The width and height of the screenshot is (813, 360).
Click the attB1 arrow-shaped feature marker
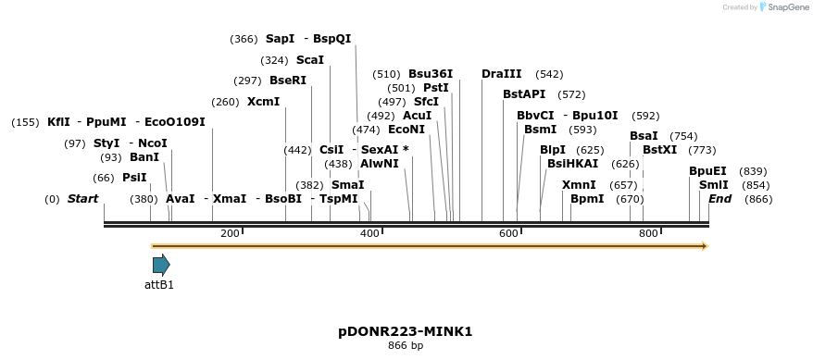point(160,266)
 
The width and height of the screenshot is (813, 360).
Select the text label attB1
point(159,285)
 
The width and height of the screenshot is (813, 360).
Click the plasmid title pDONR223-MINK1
point(406,330)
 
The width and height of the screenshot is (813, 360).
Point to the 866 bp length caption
point(406,346)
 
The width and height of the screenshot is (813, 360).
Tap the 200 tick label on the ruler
point(230,233)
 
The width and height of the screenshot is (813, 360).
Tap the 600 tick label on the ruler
point(507,233)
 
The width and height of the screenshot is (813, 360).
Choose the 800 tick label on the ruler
point(647,233)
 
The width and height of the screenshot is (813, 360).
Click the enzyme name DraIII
point(502,74)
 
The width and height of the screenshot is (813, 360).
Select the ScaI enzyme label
point(310,60)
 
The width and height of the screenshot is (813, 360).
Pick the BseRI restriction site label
point(288,81)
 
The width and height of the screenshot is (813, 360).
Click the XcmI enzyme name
point(263,102)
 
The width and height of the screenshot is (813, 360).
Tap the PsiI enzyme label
point(134,178)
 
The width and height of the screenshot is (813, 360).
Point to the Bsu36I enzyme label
point(431,74)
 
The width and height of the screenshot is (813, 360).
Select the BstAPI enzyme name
point(524,94)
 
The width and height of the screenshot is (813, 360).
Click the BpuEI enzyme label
point(707,171)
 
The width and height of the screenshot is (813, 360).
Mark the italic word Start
point(82,199)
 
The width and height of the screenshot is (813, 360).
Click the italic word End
point(720,199)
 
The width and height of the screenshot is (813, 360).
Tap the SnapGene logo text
point(787,7)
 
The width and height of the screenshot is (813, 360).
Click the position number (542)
point(549,74)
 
